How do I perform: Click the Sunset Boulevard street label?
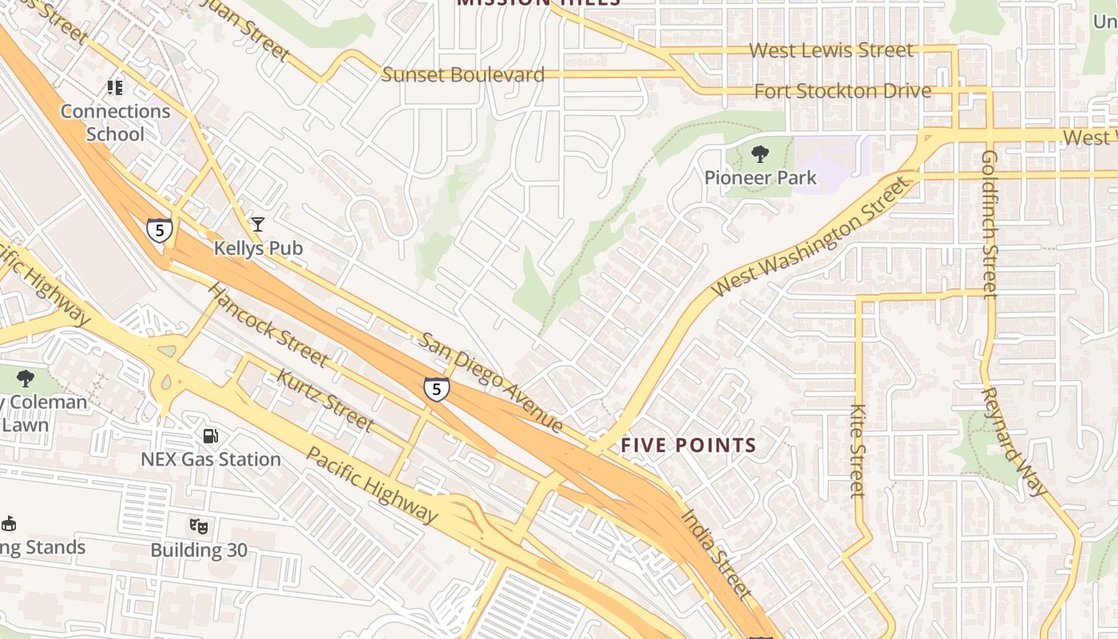(x=462, y=75)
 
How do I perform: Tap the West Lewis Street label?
(x=831, y=50)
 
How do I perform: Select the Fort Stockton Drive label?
(x=842, y=91)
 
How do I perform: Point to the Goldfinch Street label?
(x=990, y=224)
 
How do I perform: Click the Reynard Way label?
(x=1013, y=441)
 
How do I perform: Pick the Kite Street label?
(x=858, y=451)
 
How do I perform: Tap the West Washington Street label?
(x=811, y=236)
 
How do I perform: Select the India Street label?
(x=716, y=552)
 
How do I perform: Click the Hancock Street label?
(x=268, y=323)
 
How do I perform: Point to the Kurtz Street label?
(x=324, y=399)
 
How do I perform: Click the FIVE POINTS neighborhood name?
(x=688, y=446)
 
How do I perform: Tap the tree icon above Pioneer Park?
(x=760, y=154)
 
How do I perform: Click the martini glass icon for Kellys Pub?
(x=258, y=224)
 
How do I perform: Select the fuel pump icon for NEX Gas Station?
(x=210, y=436)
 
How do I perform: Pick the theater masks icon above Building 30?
(x=198, y=526)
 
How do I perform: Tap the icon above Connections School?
(x=116, y=86)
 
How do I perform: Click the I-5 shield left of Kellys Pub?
(x=160, y=231)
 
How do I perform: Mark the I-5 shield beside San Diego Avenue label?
(x=436, y=390)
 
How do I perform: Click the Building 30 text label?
(x=199, y=550)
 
